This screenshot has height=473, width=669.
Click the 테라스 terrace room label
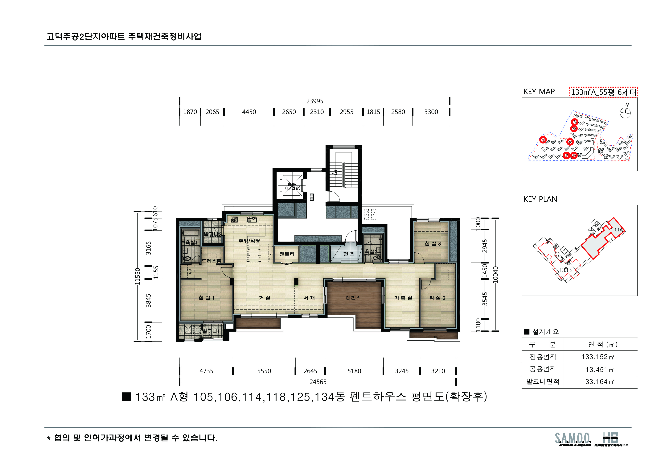point(353,298)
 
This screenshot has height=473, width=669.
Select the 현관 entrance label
point(349,254)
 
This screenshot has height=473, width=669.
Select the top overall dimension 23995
point(314,101)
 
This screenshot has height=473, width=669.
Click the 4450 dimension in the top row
point(249,112)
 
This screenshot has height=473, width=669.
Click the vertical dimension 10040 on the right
point(495,275)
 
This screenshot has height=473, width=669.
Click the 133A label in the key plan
point(617,230)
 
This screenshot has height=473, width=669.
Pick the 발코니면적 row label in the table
point(543,382)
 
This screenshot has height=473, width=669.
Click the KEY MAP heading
point(539,92)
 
